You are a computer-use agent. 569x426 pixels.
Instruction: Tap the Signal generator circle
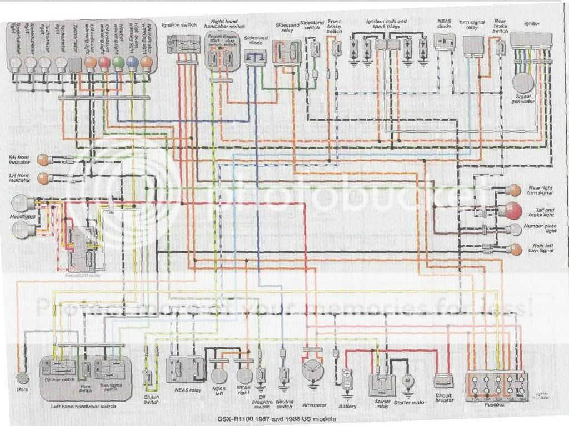[x=523, y=83]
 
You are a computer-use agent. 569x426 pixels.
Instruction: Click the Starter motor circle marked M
[x=408, y=381]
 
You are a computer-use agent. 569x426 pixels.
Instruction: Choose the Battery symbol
[x=347, y=378]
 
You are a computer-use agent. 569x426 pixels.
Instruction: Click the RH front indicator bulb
[x=43, y=160]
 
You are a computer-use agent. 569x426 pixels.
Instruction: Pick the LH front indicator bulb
[x=43, y=178]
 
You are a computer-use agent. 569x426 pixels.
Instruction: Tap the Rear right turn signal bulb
[x=515, y=190]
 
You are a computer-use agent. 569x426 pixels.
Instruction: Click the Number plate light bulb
[x=515, y=229]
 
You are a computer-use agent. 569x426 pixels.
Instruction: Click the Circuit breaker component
[x=443, y=381]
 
